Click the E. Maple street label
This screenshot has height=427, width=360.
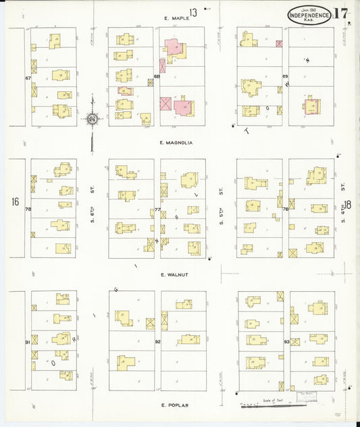point(175,19)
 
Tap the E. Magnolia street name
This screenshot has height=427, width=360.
point(176,143)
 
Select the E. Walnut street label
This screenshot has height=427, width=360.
point(174,275)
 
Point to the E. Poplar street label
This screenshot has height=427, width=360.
point(174,405)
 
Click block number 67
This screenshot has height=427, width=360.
point(28,78)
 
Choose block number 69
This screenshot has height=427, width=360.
point(285,76)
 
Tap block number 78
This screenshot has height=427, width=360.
point(28,209)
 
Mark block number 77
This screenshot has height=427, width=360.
point(157,209)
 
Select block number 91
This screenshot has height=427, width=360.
point(28,343)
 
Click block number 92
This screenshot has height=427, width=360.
point(157,343)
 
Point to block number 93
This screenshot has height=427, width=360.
point(286,343)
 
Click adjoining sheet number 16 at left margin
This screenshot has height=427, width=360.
point(14,202)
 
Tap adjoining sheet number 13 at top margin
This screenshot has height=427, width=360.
point(193,11)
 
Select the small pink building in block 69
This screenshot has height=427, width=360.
point(279,44)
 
